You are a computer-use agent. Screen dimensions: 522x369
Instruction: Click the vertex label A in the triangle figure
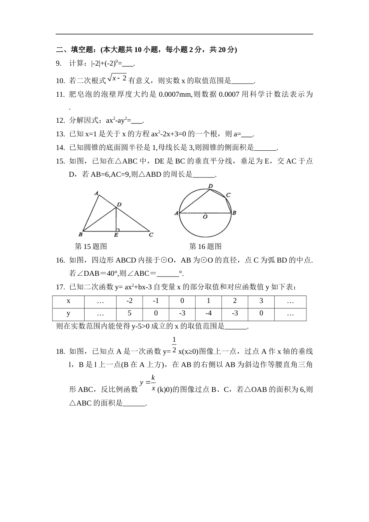pos(96,193)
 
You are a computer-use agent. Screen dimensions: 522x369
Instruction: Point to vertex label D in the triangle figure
pos(119,204)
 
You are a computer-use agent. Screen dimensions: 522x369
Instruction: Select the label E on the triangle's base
pos(116,235)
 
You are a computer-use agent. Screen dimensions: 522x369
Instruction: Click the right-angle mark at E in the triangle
pos(118,230)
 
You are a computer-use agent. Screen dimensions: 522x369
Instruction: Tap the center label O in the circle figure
pos(205,217)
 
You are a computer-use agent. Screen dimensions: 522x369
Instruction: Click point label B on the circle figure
pos(234,213)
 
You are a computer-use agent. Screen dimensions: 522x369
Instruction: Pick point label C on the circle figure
pos(228,195)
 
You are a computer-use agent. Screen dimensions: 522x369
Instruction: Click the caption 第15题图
pos(91,246)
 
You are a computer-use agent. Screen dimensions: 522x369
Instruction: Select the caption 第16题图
pos(205,246)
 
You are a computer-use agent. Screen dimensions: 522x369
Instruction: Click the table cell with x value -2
pos(129,301)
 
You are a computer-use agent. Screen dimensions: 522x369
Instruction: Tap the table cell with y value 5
pos(129,313)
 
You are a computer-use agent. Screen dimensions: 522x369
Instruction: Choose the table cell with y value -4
pos(209,313)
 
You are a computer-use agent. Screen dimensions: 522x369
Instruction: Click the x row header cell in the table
pos(68,301)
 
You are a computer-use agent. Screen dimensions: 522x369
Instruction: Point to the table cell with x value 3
pos(261,301)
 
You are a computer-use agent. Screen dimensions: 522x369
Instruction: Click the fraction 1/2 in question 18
pos(174,345)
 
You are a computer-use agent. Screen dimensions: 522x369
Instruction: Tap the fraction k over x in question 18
pos(153,383)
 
